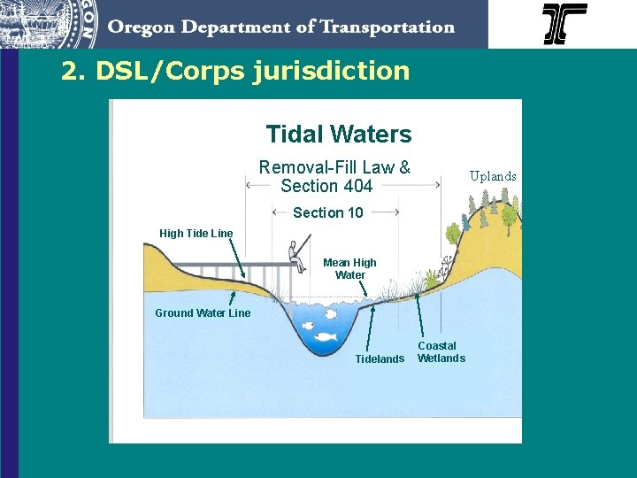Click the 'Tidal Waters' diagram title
point(339,135)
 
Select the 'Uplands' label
point(493,176)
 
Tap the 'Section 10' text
point(327,212)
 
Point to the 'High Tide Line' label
point(196,234)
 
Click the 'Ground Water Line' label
point(203,312)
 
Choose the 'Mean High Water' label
point(349,268)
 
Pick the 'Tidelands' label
point(380,358)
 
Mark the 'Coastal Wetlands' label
point(441,351)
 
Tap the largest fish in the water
point(325,336)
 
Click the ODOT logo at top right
point(564,24)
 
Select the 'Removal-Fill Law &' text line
point(334,167)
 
